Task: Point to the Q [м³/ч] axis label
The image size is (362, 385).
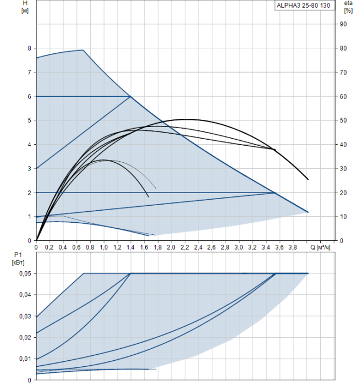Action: click(x=320, y=248)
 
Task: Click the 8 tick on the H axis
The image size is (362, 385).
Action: click(x=29, y=48)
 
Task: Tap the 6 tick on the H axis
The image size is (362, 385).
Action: click(x=29, y=96)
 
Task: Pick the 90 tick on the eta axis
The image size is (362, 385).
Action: click(x=343, y=24)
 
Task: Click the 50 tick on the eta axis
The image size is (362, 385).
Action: click(x=343, y=120)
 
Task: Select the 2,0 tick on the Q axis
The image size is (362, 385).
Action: click(x=171, y=248)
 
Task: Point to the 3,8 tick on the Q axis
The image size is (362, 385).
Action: click(x=293, y=248)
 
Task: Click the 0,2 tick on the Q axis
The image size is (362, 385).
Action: click(x=50, y=248)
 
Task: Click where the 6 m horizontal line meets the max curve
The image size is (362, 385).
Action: click(x=130, y=96)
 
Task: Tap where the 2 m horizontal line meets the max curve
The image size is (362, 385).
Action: click(x=275, y=193)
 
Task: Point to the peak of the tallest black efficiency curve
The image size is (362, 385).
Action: click(x=185, y=119)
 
